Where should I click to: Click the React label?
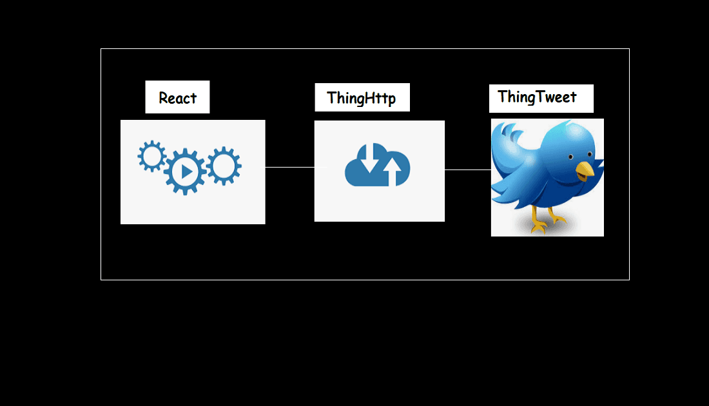[x=177, y=98]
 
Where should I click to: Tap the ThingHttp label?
[x=362, y=98]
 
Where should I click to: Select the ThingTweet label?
[x=538, y=97]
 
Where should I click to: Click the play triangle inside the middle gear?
[x=186, y=171]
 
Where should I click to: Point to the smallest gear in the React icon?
[x=152, y=157]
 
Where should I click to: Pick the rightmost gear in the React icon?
[x=224, y=166]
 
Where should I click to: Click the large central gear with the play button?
[x=185, y=171]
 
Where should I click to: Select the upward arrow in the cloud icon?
[x=391, y=172]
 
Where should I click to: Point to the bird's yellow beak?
[x=585, y=170]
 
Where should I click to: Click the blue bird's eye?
[x=571, y=157]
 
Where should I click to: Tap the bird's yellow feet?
[x=548, y=222]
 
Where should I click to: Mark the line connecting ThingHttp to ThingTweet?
[x=467, y=170]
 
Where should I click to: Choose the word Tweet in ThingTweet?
[x=556, y=97]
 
